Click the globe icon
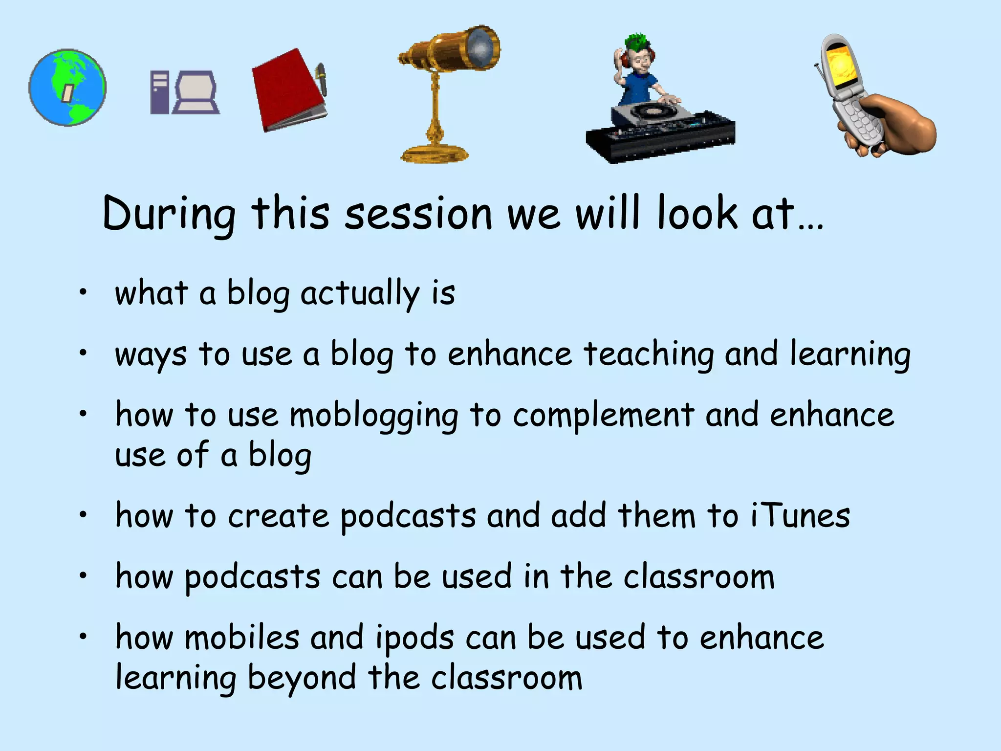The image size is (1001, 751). click(x=67, y=88)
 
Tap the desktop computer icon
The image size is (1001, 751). click(x=185, y=93)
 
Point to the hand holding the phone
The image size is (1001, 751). click(x=899, y=125)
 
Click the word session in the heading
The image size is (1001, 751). click(x=418, y=214)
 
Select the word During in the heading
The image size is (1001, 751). click(x=169, y=214)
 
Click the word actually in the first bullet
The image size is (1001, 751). click(x=360, y=294)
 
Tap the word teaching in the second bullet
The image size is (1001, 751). click(x=649, y=354)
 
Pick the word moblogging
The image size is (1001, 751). click(x=374, y=416)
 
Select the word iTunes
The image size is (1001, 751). click(x=801, y=516)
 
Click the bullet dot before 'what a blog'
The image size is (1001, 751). click(x=84, y=292)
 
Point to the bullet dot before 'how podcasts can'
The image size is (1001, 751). click(x=84, y=576)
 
